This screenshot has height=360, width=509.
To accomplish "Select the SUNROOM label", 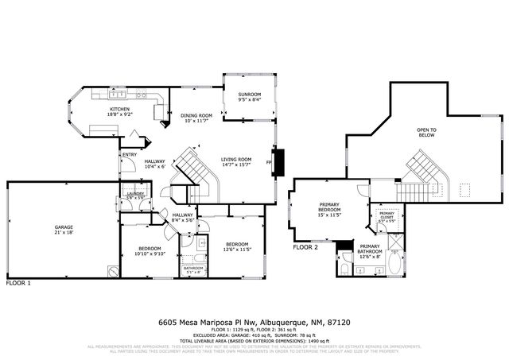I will pos(249,95).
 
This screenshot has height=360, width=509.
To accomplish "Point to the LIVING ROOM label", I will pos(236,160).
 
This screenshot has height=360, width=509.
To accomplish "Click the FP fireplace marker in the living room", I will pos(269,163).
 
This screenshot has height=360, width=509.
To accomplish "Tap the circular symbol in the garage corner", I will pos(113,270).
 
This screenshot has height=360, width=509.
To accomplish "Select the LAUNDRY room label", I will pos(134,195).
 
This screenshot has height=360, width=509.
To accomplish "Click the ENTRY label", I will pos(130,154).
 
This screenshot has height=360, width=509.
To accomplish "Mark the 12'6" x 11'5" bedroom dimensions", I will pos(237,249).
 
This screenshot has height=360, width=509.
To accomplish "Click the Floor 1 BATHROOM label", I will pos(193,268).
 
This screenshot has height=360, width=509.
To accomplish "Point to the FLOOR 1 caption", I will pos(19,283).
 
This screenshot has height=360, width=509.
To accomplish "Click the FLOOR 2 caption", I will pos(305,247).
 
